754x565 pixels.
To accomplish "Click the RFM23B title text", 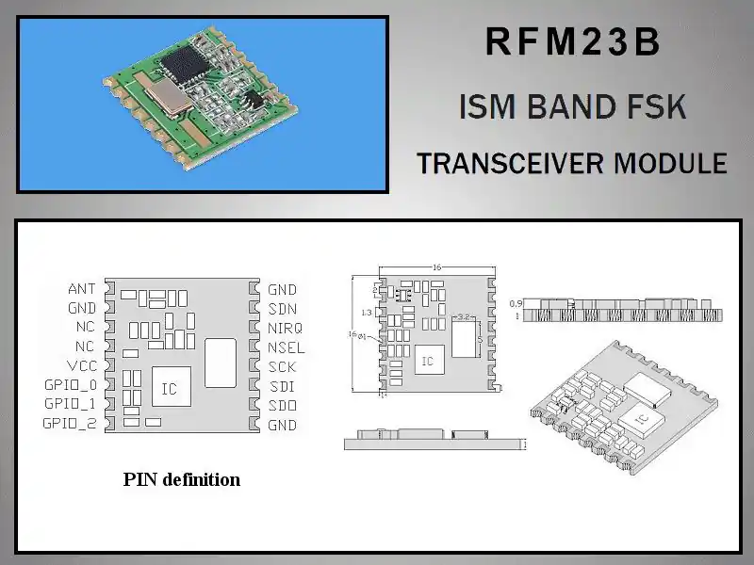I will click(572, 43).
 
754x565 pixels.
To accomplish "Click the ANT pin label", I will click(82, 288).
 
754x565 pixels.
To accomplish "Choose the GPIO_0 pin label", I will click(70, 385).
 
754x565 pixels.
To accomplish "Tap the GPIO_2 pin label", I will click(70, 424).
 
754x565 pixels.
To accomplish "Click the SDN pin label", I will click(283, 309).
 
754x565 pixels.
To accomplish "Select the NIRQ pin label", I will click(286, 328).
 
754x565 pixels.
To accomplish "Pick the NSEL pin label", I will click(287, 347).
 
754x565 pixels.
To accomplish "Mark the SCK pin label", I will click(283, 366).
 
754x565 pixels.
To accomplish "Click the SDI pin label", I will click(282, 386).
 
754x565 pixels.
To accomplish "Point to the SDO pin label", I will click(283, 405).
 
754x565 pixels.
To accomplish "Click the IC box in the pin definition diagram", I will click(170, 386).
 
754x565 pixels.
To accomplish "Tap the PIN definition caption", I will click(182, 479).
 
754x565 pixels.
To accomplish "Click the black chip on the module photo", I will click(180, 64).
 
